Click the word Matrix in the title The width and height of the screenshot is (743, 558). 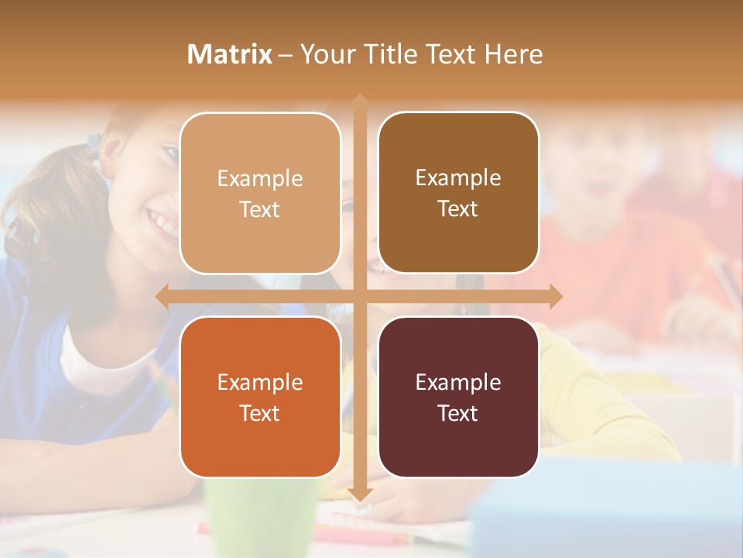click(x=230, y=54)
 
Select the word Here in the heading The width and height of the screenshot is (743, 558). click(x=513, y=54)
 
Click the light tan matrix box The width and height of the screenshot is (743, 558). click(x=260, y=193)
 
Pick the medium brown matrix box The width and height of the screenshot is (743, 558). click(x=458, y=193)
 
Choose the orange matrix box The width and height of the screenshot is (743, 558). click(x=260, y=397)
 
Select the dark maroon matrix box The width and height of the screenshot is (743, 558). click(x=458, y=397)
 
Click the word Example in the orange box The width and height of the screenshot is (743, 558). click(x=260, y=382)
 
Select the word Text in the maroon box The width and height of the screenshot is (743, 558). click(x=458, y=413)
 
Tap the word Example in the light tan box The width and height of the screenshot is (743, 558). click(x=260, y=178)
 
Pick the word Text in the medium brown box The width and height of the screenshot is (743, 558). click(x=458, y=209)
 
